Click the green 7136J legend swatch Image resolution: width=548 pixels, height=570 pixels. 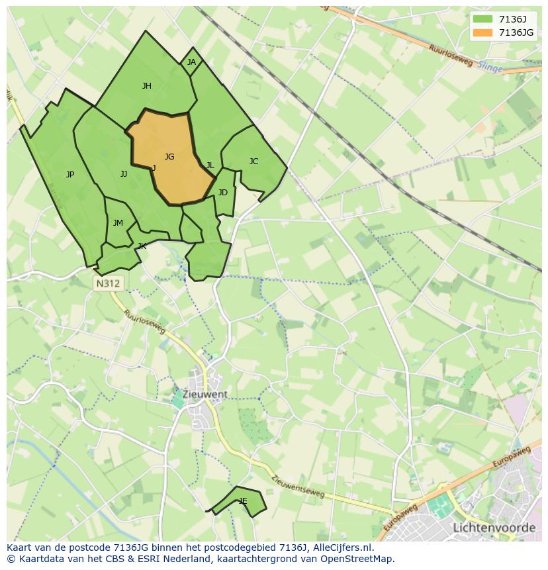coord(482,19)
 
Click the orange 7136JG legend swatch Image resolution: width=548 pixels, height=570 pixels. coord(482,32)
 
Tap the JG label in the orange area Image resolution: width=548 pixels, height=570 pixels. coord(169,157)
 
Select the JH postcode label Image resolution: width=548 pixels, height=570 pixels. coord(147,85)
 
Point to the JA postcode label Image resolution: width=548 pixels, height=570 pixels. coord(191,62)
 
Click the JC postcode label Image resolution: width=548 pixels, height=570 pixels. coord(253,162)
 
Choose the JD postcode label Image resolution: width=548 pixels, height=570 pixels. coord(223,193)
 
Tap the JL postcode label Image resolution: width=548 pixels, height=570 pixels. coord(210,166)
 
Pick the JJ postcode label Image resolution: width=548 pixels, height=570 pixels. coord(124,174)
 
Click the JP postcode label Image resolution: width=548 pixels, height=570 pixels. coord(70,175)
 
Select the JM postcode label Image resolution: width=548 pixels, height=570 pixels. coord(118,223)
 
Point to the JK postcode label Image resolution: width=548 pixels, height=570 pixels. coord(142,246)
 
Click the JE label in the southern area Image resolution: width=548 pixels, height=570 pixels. coord(243,501)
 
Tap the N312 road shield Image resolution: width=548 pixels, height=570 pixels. coord(108,283)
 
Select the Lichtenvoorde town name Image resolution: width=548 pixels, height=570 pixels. coord(494,528)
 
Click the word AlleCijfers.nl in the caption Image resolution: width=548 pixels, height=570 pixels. coord(345,547)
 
